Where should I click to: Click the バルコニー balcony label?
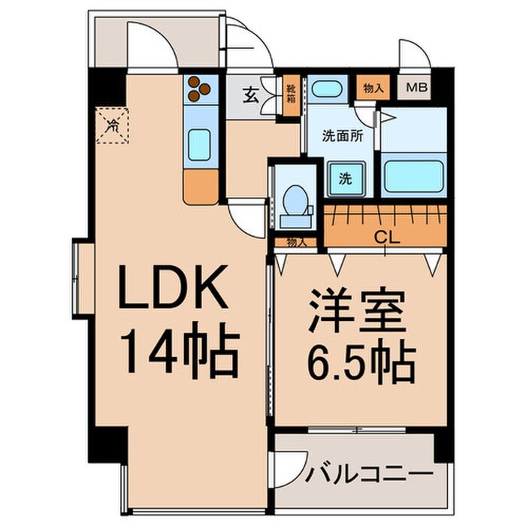click(370, 475)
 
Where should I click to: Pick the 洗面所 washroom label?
click(343, 137)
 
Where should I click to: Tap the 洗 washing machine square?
click(343, 179)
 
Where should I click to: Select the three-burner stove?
click(200, 89)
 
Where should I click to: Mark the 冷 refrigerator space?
click(113, 125)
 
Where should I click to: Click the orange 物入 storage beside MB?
click(373, 88)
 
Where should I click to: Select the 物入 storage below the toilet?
click(296, 242)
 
